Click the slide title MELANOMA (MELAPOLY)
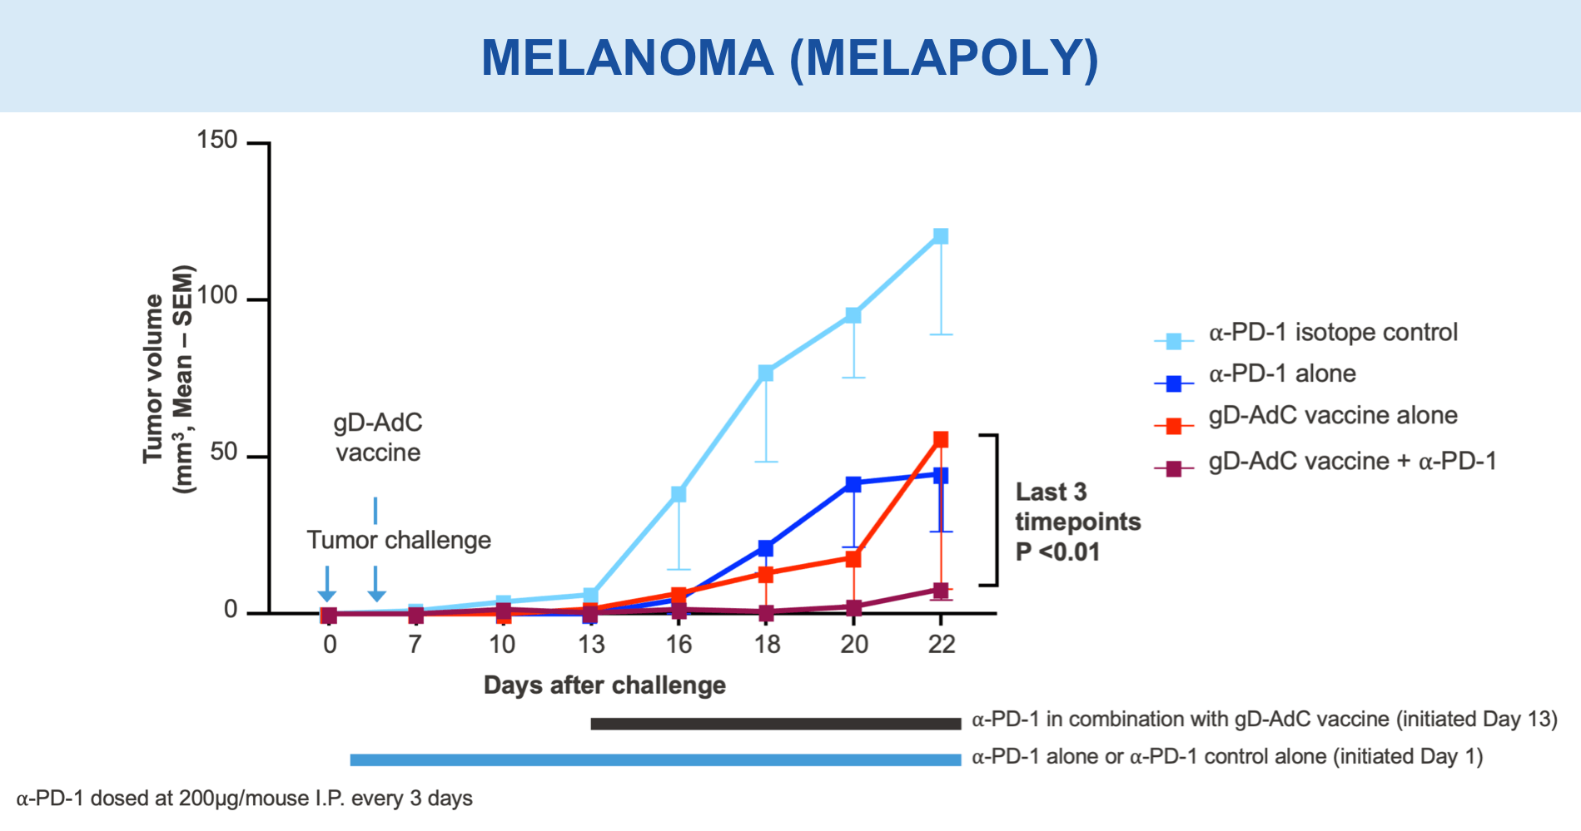point(790,57)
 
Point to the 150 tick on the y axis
point(217,141)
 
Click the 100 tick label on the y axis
point(217,297)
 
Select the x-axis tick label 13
point(591,645)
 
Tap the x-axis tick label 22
point(941,645)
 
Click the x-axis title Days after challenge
point(604,685)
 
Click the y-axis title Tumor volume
point(153,378)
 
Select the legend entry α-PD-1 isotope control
point(1333,333)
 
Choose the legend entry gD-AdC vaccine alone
point(1333,416)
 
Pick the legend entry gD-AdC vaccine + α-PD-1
point(1352,462)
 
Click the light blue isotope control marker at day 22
point(941,236)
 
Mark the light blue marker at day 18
point(766,373)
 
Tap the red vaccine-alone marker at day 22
point(941,439)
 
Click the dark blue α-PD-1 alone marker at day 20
point(853,484)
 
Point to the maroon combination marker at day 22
point(941,591)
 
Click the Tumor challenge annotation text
point(399,541)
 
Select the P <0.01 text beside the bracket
point(1057,552)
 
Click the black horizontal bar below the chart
point(776,724)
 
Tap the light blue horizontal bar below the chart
point(655,759)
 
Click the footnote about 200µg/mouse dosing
point(245,799)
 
